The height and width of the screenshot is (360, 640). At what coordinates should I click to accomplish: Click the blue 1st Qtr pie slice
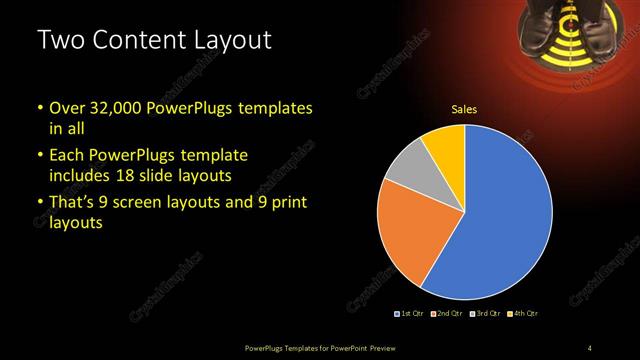point(500,215)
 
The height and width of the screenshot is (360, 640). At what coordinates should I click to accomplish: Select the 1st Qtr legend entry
point(410,314)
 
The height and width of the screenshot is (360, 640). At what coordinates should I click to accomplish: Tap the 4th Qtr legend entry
point(524,314)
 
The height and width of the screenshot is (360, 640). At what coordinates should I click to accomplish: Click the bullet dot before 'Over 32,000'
point(40,108)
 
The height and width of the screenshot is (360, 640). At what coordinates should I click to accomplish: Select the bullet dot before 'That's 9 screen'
point(40,204)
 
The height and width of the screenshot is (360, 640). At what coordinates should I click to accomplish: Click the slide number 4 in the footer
point(590,347)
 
